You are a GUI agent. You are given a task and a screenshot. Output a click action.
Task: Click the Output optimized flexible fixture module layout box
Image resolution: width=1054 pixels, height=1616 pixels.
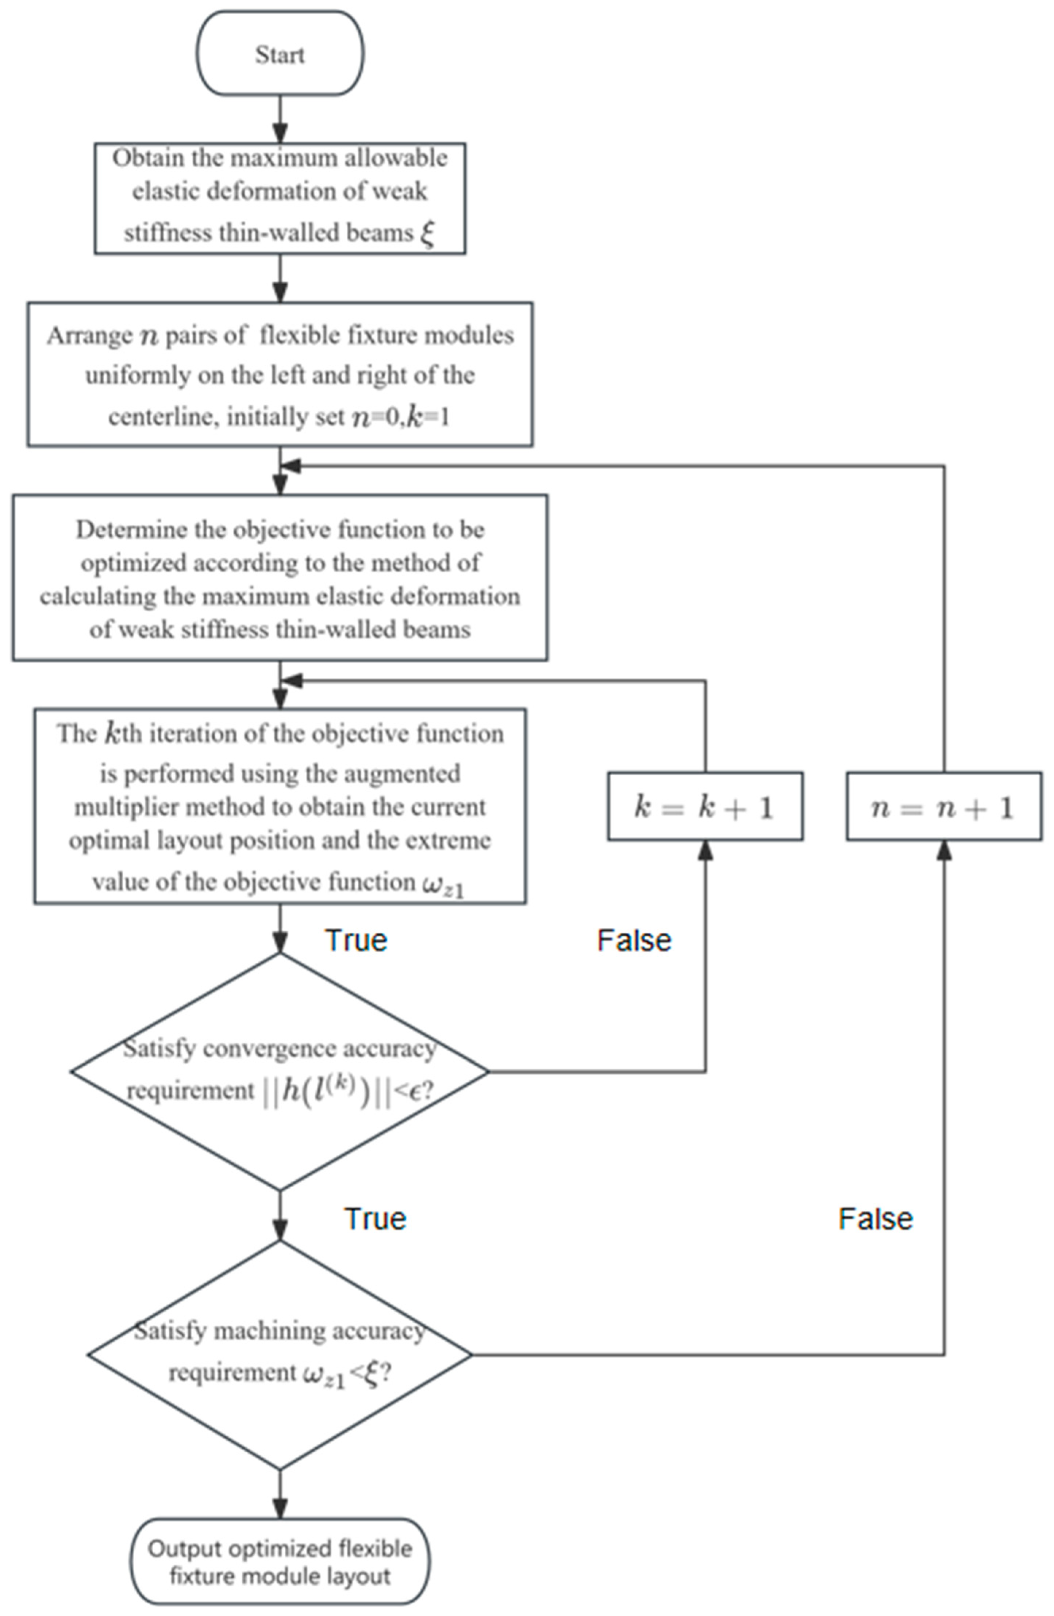tap(280, 1562)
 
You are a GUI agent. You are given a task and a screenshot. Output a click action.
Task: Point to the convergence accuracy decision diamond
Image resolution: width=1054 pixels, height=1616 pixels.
tap(280, 1071)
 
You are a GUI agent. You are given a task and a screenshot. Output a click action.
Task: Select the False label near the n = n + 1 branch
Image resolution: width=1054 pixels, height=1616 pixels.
tap(875, 1219)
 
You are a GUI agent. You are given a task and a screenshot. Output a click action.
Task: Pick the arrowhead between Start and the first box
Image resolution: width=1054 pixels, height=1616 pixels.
tap(280, 133)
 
